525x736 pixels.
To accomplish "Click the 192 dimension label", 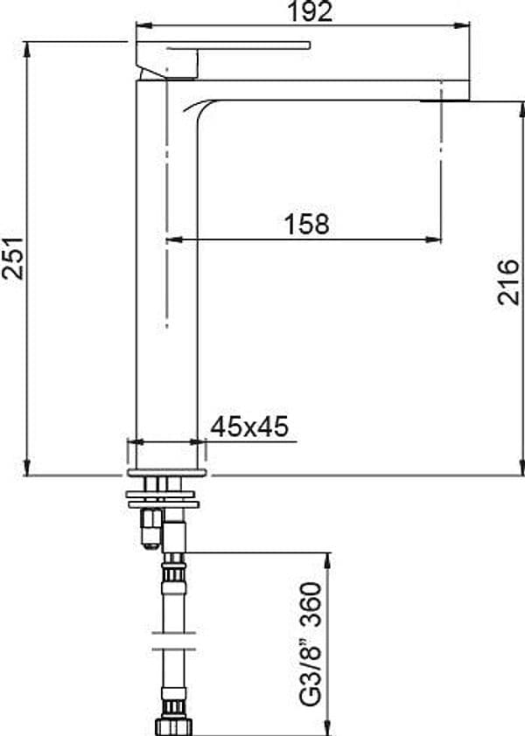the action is click(x=310, y=11).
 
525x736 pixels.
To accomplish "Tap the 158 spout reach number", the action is click(x=307, y=225).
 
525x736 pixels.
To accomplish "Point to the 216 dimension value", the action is click(x=508, y=281).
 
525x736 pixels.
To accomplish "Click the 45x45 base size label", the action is click(x=249, y=427).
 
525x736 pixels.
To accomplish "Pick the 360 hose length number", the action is click(x=311, y=605).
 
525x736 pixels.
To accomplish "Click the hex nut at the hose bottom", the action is click(x=174, y=726).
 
